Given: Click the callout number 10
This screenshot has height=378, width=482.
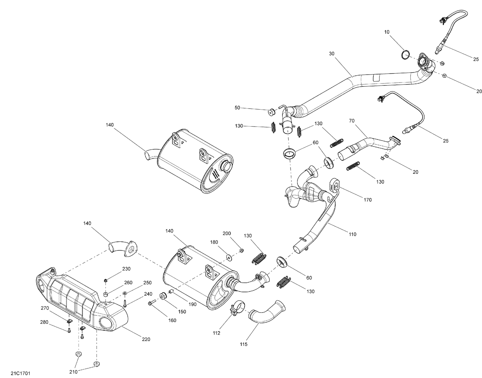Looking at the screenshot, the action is point(386,32).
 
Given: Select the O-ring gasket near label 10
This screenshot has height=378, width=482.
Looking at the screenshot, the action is point(406,55).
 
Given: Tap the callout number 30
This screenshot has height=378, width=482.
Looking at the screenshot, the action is point(332,53).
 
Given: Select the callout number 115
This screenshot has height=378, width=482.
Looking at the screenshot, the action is point(243,345).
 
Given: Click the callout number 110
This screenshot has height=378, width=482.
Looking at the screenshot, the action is point(352,234).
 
